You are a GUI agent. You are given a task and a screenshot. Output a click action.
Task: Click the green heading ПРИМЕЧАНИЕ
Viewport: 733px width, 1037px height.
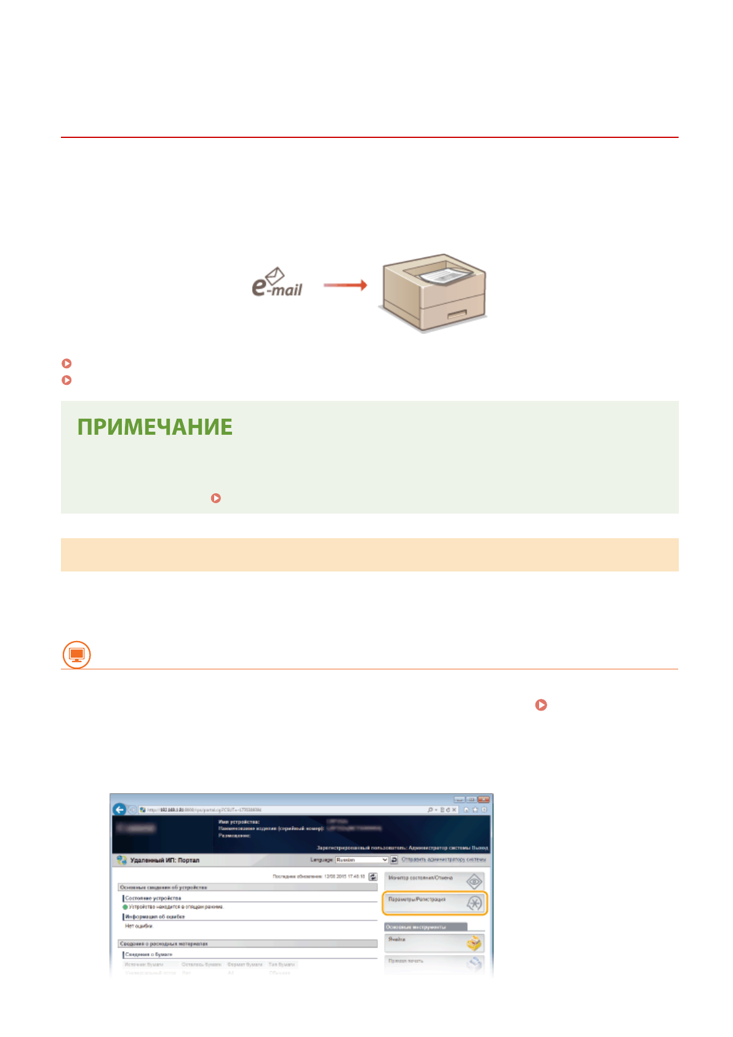point(154,427)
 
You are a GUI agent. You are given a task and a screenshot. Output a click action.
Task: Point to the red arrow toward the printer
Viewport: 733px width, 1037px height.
point(345,285)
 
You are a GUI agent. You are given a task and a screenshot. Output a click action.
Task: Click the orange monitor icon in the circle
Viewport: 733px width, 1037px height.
point(76,654)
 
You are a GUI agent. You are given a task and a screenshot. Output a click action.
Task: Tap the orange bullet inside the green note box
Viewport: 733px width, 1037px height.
point(216,498)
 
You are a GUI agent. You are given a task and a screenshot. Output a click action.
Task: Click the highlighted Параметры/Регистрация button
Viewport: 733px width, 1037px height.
point(435,902)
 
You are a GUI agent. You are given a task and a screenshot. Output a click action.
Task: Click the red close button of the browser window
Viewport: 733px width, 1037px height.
point(484,799)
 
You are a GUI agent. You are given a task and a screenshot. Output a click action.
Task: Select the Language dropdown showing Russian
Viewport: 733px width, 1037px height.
point(361,860)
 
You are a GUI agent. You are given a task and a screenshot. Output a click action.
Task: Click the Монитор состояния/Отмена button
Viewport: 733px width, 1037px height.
point(435,881)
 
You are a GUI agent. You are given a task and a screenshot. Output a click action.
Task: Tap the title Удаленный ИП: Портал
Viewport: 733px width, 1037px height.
point(164,860)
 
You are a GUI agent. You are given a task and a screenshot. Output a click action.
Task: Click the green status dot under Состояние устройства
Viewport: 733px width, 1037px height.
point(125,907)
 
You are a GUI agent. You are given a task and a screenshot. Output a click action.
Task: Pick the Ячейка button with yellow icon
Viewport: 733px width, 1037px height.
point(435,942)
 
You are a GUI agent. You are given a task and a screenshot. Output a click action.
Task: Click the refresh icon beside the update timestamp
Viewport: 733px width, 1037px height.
point(372,876)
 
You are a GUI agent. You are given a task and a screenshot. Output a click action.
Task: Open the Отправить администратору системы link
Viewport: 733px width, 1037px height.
point(443,860)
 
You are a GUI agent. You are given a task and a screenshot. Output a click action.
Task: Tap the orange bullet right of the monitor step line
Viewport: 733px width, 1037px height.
point(541,705)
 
